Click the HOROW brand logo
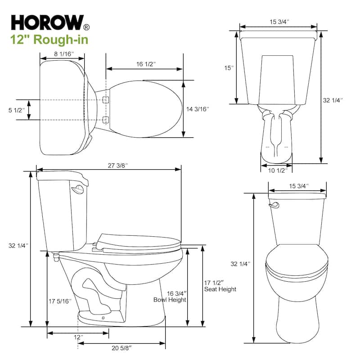(x=47, y=22)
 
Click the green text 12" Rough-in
(x=49, y=40)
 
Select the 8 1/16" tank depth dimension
(x=62, y=54)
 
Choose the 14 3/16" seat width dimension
(x=198, y=109)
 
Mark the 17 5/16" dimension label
(x=59, y=301)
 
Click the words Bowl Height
(x=170, y=300)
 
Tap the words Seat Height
(x=220, y=289)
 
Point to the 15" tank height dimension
(x=229, y=68)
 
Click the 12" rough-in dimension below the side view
(x=78, y=337)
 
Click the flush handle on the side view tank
(x=80, y=189)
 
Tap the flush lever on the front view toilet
(x=272, y=205)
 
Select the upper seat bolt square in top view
(x=106, y=99)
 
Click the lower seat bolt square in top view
(x=106, y=119)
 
